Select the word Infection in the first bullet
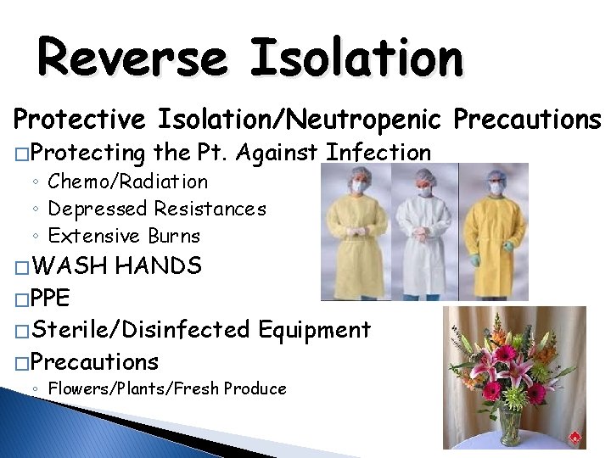click(x=378, y=153)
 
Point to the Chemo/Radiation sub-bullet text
click(x=127, y=182)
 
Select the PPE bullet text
click(x=53, y=298)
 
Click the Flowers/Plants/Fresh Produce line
click(x=167, y=389)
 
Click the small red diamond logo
click(x=575, y=438)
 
